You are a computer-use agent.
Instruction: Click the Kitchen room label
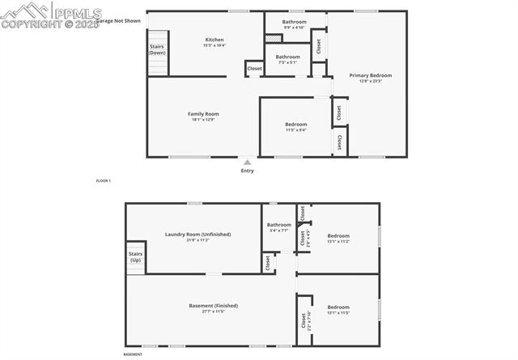pyautogui.click(x=214, y=40)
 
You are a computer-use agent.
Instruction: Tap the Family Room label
pyautogui.click(x=203, y=114)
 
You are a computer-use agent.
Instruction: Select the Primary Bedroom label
pyautogui.click(x=371, y=75)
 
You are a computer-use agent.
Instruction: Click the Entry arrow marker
pyautogui.click(x=248, y=163)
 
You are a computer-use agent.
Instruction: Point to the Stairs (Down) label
pyautogui.click(x=158, y=49)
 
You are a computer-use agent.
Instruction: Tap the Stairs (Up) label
pyautogui.click(x=135, y=257)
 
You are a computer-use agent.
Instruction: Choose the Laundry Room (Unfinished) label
pyautogui.click(x=197, y=235)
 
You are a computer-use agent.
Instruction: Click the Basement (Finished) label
pyautogui.click(x=213, y=306)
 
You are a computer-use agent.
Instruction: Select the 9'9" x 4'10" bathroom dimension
pyautogui.click(x=294, y=28)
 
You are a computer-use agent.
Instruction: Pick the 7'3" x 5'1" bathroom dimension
pyautogui.click(x=287, y=62)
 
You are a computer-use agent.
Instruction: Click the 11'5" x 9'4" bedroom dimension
pyautogui.click(x=295, y=129)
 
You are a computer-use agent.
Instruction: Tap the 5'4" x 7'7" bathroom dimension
pyautogui.click(x=279, y=231)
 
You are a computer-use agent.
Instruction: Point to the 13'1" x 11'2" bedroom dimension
pyautogui.click(x=338, y=241)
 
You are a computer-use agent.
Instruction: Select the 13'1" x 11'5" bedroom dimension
pyautogui.click(x=338, y=312)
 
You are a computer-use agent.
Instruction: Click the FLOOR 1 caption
pyautogui.click(x=103, y=180)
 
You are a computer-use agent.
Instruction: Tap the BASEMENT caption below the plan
pyautogui.click(x=133, y=354)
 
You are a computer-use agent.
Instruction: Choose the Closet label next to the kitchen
pyautogui.click(x=254, y=70)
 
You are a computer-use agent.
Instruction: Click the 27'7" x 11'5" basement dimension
pyautogui.click(x=213, y=311)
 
